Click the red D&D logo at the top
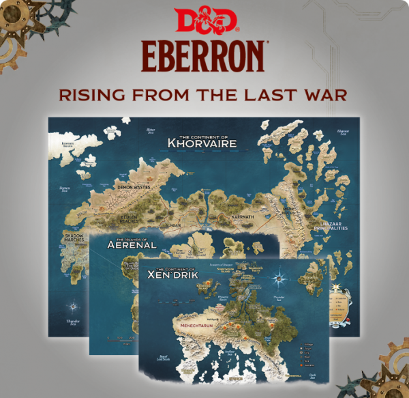204,20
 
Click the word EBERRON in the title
204,57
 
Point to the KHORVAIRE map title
202,143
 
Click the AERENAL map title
132,243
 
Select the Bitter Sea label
151,130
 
